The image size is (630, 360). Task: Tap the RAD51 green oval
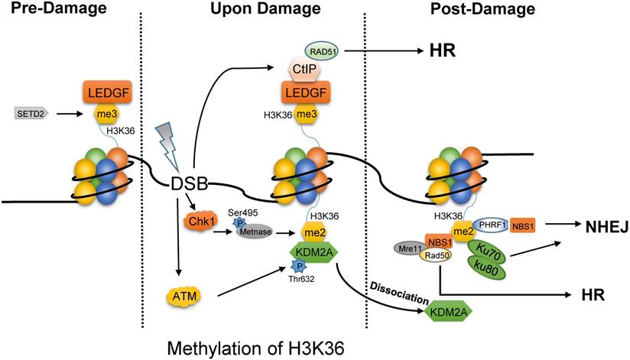tap(323, 51)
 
